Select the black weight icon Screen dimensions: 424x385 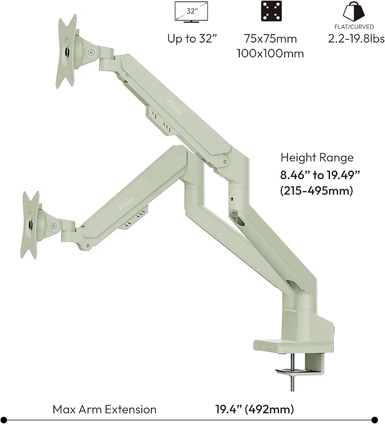354,11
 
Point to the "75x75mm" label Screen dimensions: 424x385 269,39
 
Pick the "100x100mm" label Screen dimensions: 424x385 269,53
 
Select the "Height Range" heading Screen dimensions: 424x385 316,158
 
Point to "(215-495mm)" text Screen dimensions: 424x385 316,191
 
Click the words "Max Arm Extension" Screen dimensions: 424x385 104,409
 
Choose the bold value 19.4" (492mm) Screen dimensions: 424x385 255,409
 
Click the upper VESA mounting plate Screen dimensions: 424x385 66,51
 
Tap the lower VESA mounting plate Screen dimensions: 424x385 30,224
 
